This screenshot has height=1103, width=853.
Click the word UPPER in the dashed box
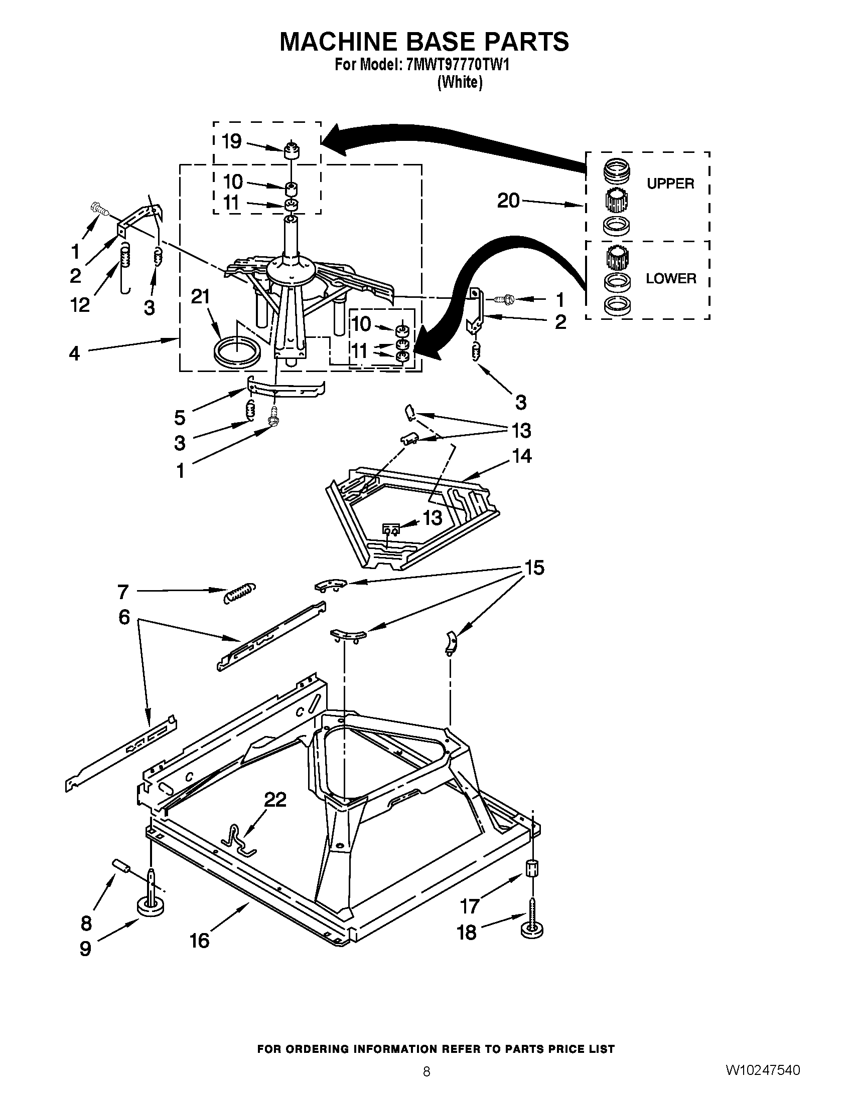tap(670, 184)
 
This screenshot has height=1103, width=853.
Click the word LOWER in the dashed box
tap(670, 278)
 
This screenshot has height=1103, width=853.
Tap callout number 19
tap(232, 141)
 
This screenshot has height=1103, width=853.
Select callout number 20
tap(508, 201)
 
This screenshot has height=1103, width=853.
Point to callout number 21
tap(200, 296)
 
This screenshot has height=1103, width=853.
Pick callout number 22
tap(275, 800)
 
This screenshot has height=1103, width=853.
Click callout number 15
tap(534, 568)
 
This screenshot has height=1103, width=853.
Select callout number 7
tap(123, 592)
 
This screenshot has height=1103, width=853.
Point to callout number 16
tap(200, 941)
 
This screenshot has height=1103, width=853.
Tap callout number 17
tap(470, 906)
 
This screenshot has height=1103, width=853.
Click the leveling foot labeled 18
tap(531, 927)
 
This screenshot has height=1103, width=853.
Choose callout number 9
tap(85, 949)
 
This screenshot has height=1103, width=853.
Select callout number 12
tap(80, 304)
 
